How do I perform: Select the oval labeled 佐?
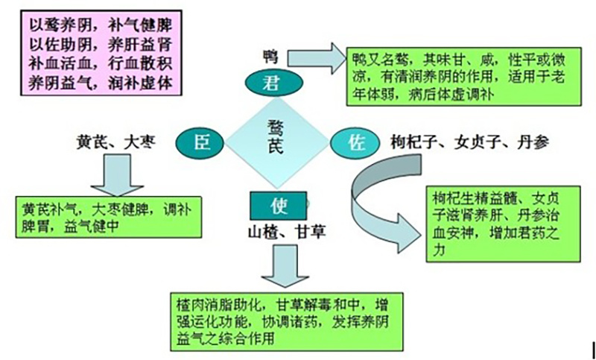tap(356, 142)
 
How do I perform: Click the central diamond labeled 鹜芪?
tap(277, 139)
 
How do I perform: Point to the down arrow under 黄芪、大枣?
tap(110, 176)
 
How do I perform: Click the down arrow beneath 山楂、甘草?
tap(282, 265)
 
